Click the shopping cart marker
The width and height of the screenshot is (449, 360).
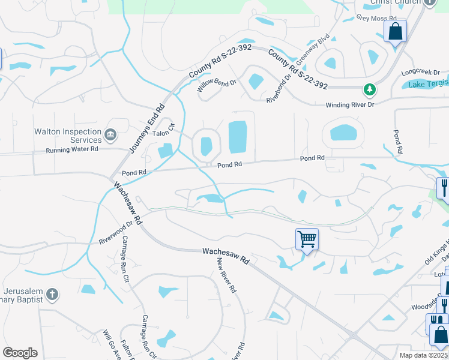click(307, 240)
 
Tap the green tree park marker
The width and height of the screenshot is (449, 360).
click(370, 91)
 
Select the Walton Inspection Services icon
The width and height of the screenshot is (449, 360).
click(110, 134)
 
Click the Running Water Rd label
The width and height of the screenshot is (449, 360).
click(72, 149)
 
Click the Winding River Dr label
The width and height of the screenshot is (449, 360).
click(350, 105)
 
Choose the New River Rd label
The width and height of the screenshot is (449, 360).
click(227, 275)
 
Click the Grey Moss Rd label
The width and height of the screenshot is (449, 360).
click(373, 18)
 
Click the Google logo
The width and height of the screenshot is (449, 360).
click(20, 352)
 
